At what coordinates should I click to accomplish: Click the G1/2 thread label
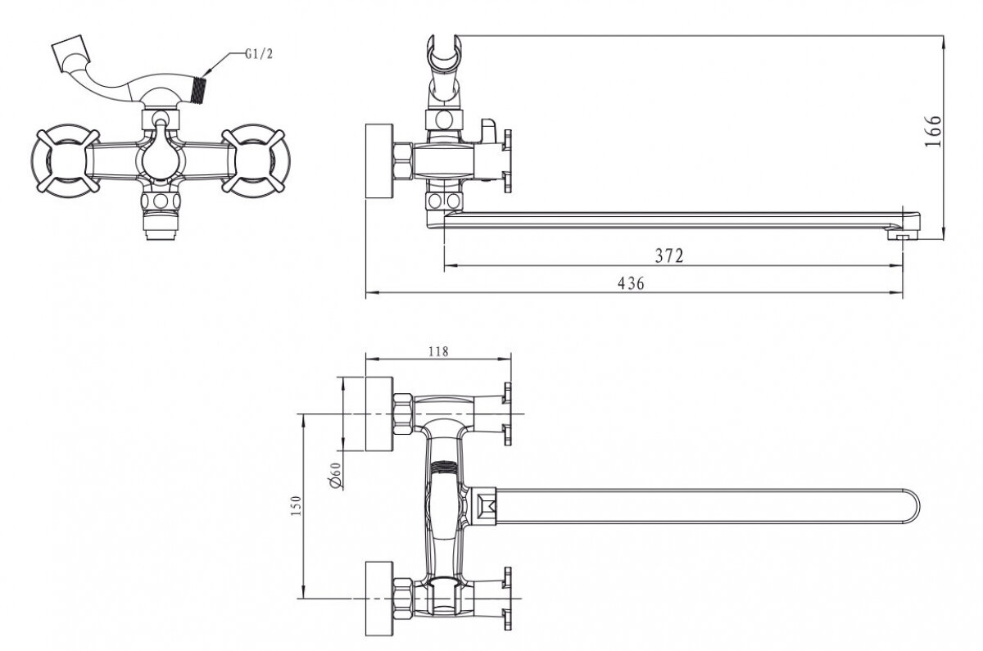(x=260, y=56)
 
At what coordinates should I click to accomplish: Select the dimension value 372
(x=668, y=255)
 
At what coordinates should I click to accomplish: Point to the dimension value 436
(x=632, y=283)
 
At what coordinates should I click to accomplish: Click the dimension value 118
(x=438, y=351)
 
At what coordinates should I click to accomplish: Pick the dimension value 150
(x=297, y=508)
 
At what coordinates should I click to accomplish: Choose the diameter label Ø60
(x=335, y=475)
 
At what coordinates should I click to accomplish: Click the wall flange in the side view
(x=378, y=160)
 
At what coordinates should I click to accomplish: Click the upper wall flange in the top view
(x=378, y=413)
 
